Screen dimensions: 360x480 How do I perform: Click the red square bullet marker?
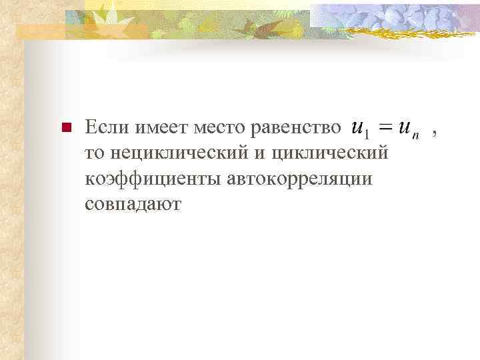65,127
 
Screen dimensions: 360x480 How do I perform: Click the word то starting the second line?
95,153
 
